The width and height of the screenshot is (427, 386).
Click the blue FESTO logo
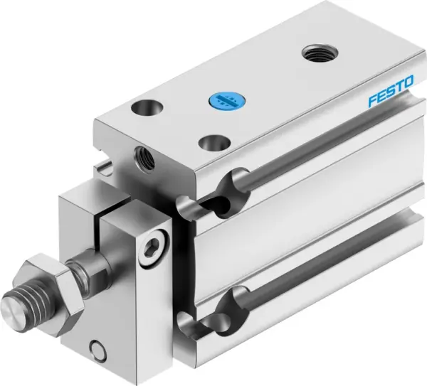pyautogui.click(x=390, y=95)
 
